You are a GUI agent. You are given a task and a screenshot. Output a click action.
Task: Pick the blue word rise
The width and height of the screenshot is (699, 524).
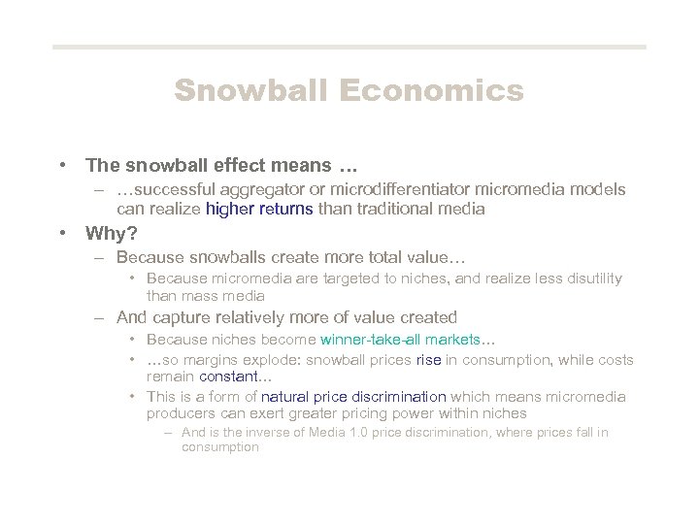(429, 359)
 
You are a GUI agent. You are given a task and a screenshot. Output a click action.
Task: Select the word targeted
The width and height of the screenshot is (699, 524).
(327, 278)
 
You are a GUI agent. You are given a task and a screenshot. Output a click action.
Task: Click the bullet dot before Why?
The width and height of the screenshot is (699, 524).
(62, 232)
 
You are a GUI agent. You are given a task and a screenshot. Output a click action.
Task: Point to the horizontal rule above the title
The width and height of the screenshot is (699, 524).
(349, 47)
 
